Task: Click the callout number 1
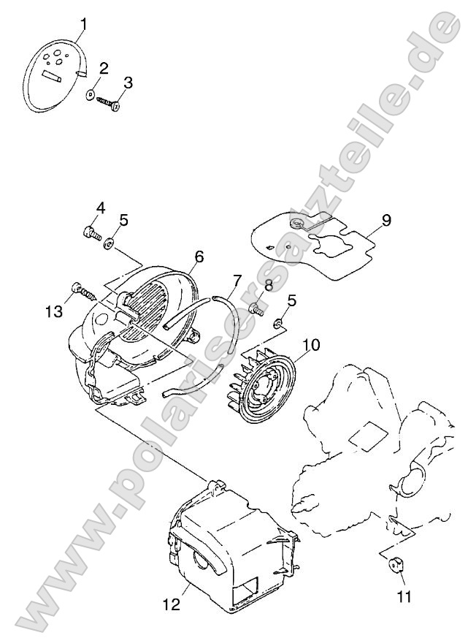click(x=83, y=24)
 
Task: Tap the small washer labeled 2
click(x=89, y=94)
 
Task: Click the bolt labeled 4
click(x=91, y=233)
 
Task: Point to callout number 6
click(x=199, y=257)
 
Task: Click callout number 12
click(x=172, y=604)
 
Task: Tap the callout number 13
click(x=53, y=311)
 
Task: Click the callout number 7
click(x=237, y=281)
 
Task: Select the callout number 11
click(x=404, y=596)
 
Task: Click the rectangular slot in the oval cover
click(x=52, y=76)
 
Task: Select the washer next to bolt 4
click(x=109, y=243)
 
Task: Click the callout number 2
click(x=104, y=69)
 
